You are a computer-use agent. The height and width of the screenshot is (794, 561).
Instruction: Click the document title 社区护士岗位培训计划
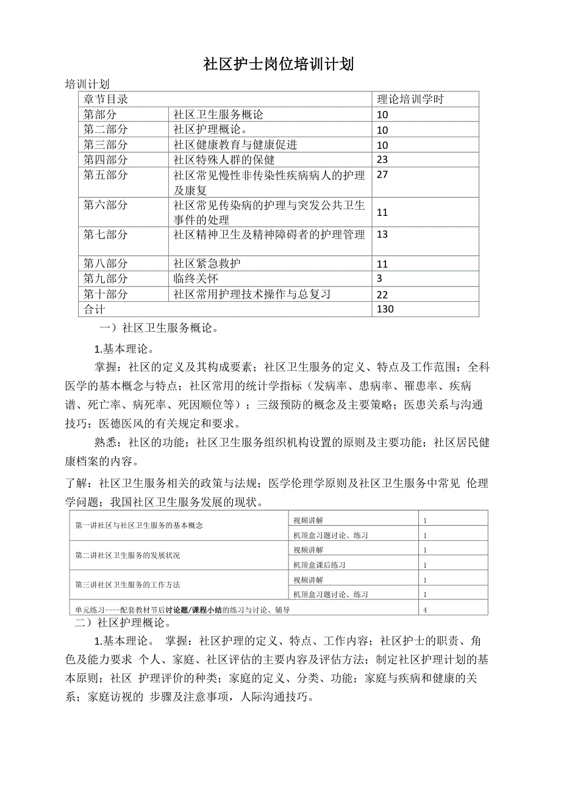279,64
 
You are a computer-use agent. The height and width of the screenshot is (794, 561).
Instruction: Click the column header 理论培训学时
410,99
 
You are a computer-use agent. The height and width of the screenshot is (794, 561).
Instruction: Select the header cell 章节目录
105,99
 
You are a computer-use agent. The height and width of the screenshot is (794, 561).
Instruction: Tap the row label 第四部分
105,160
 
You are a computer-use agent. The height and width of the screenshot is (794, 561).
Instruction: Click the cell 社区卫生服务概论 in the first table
218,115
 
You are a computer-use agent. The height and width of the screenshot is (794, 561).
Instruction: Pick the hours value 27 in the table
383,176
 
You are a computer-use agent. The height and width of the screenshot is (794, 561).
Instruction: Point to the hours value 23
383,160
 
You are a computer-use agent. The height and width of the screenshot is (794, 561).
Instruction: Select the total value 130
385,309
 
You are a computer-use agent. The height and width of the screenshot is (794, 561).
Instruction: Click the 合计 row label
94,309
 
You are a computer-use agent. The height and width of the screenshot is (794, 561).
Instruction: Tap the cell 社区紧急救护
207,263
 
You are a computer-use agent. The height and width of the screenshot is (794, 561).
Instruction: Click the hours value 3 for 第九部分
379,279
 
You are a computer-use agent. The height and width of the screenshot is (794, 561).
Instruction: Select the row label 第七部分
105,234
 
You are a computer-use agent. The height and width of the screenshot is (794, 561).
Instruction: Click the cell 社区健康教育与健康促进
235,145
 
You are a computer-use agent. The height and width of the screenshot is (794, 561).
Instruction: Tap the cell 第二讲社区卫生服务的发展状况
127,556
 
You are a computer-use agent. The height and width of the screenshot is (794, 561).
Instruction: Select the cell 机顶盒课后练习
320,565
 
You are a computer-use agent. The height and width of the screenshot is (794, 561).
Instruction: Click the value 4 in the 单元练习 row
425,609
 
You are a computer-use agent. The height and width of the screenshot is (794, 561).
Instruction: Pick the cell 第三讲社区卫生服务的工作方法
127,585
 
